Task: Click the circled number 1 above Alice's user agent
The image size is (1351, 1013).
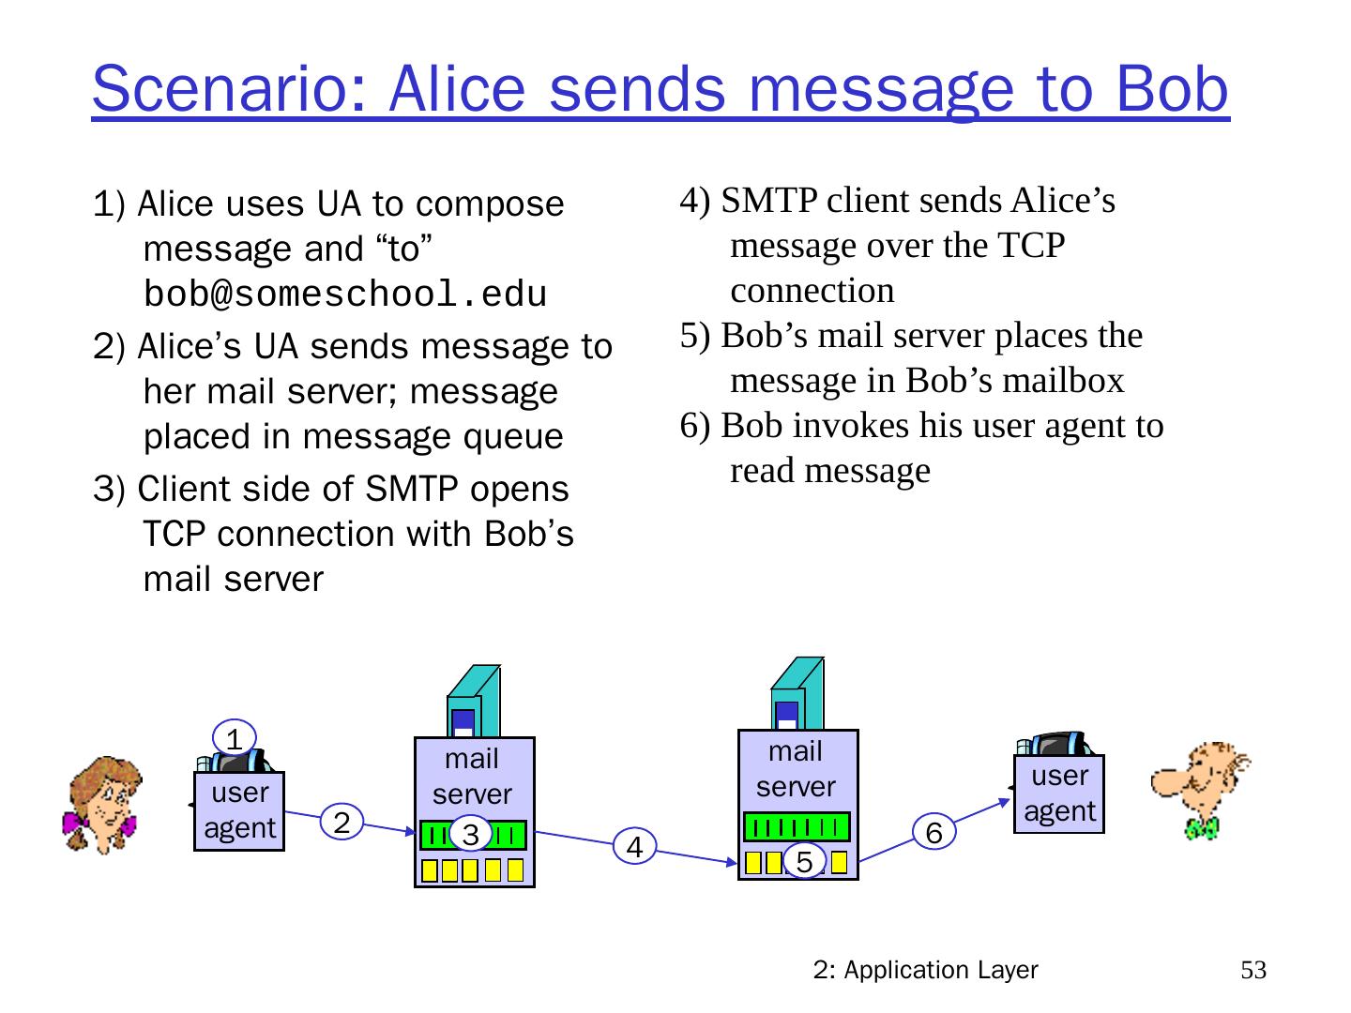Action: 235,737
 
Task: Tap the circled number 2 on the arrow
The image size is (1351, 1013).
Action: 342,823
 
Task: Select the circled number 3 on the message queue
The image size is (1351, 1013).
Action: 471,834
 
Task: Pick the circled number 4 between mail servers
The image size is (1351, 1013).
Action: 635,847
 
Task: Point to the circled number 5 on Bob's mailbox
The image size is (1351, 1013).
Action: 804,860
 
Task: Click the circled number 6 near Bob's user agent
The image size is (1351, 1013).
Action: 934,832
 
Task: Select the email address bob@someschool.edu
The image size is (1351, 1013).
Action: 344,295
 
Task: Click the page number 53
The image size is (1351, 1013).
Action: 1253,970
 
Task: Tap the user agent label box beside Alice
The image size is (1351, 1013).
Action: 239,811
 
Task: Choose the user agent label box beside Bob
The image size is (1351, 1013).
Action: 1059,794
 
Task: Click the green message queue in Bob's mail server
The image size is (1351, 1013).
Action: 797,826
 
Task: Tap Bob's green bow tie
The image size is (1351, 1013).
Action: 1202,827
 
